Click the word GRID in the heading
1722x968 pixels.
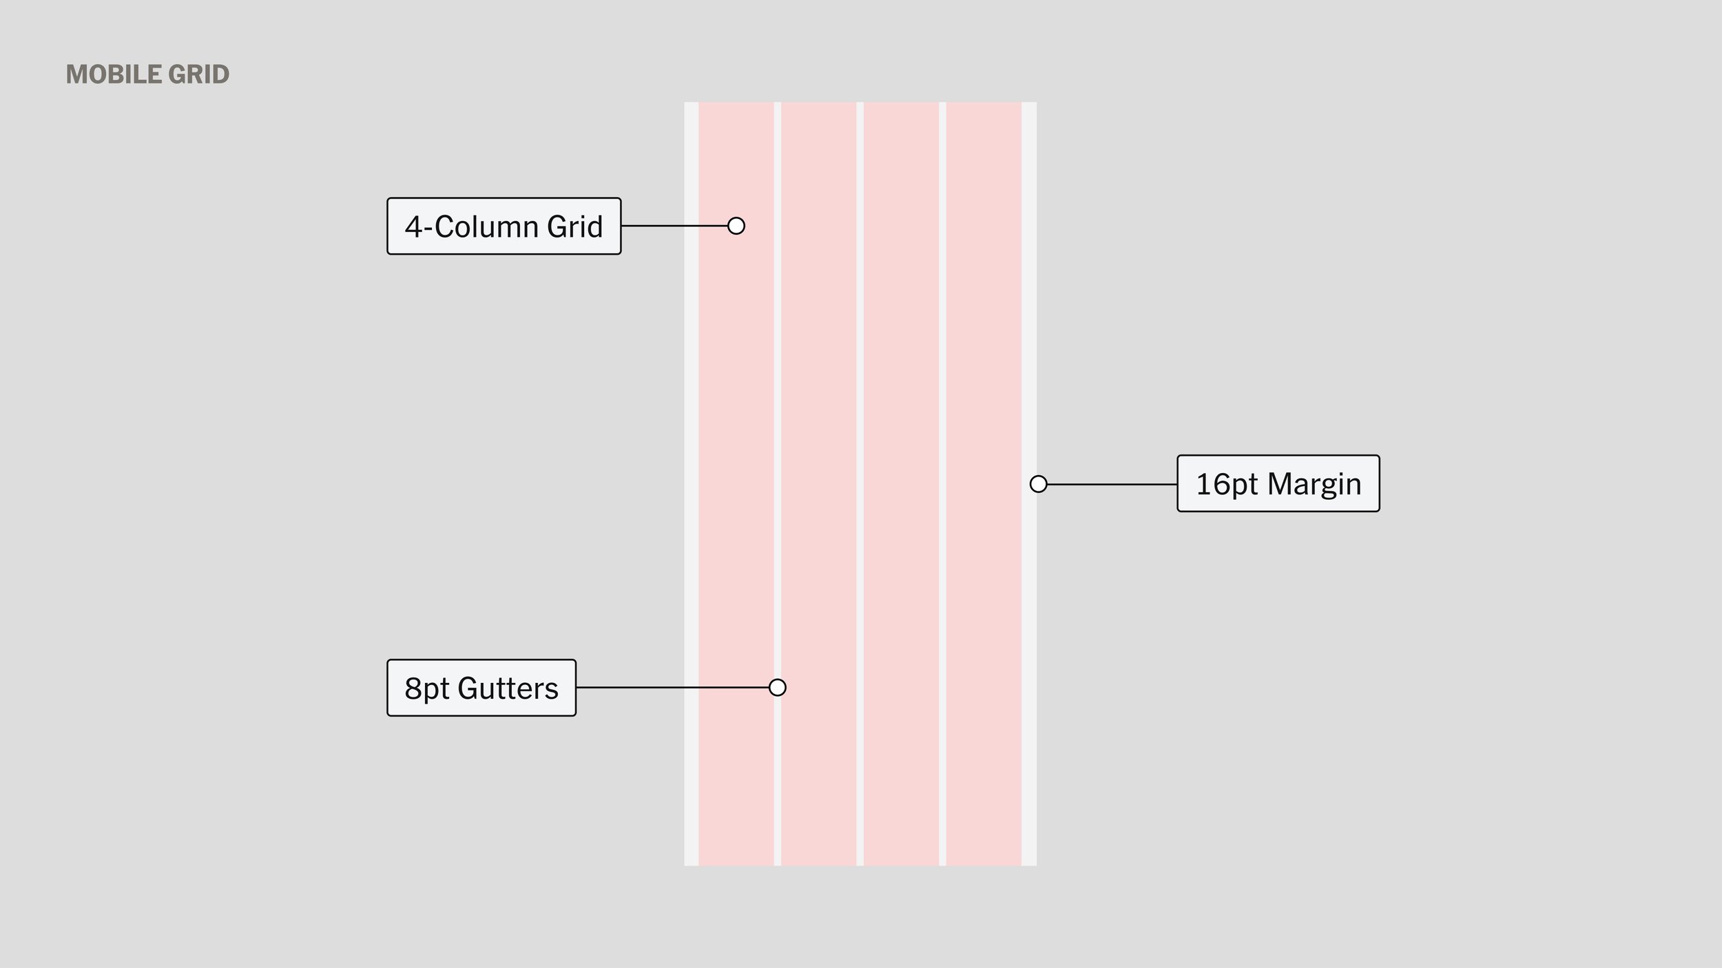(198, 74)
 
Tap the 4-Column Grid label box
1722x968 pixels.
(504, 227)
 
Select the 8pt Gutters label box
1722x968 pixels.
(481, 688)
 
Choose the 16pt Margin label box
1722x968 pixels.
(1278, 483)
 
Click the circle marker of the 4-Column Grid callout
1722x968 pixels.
(736, 226)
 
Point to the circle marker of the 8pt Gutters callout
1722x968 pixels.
(777, 687)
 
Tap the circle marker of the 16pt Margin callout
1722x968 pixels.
(1038, 484)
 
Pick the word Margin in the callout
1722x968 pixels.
(1314, 484)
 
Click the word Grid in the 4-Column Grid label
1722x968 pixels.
(574, 227)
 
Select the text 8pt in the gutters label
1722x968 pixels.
(426, 688)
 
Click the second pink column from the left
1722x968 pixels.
(818, 413)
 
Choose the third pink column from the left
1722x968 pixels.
(901, 413)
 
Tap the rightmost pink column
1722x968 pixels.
(984, 413)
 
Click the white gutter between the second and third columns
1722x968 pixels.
(860, 413)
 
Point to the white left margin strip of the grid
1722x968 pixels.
(691, 413)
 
